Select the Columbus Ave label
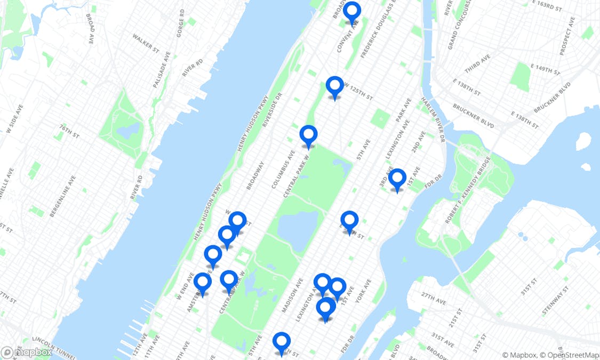coord(283,169)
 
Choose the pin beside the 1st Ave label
coord(397,179)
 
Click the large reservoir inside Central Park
coord(297,230)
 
